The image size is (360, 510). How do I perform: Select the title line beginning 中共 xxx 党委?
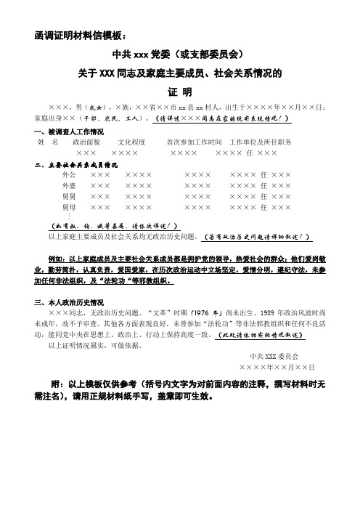[x=179, y=54]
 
